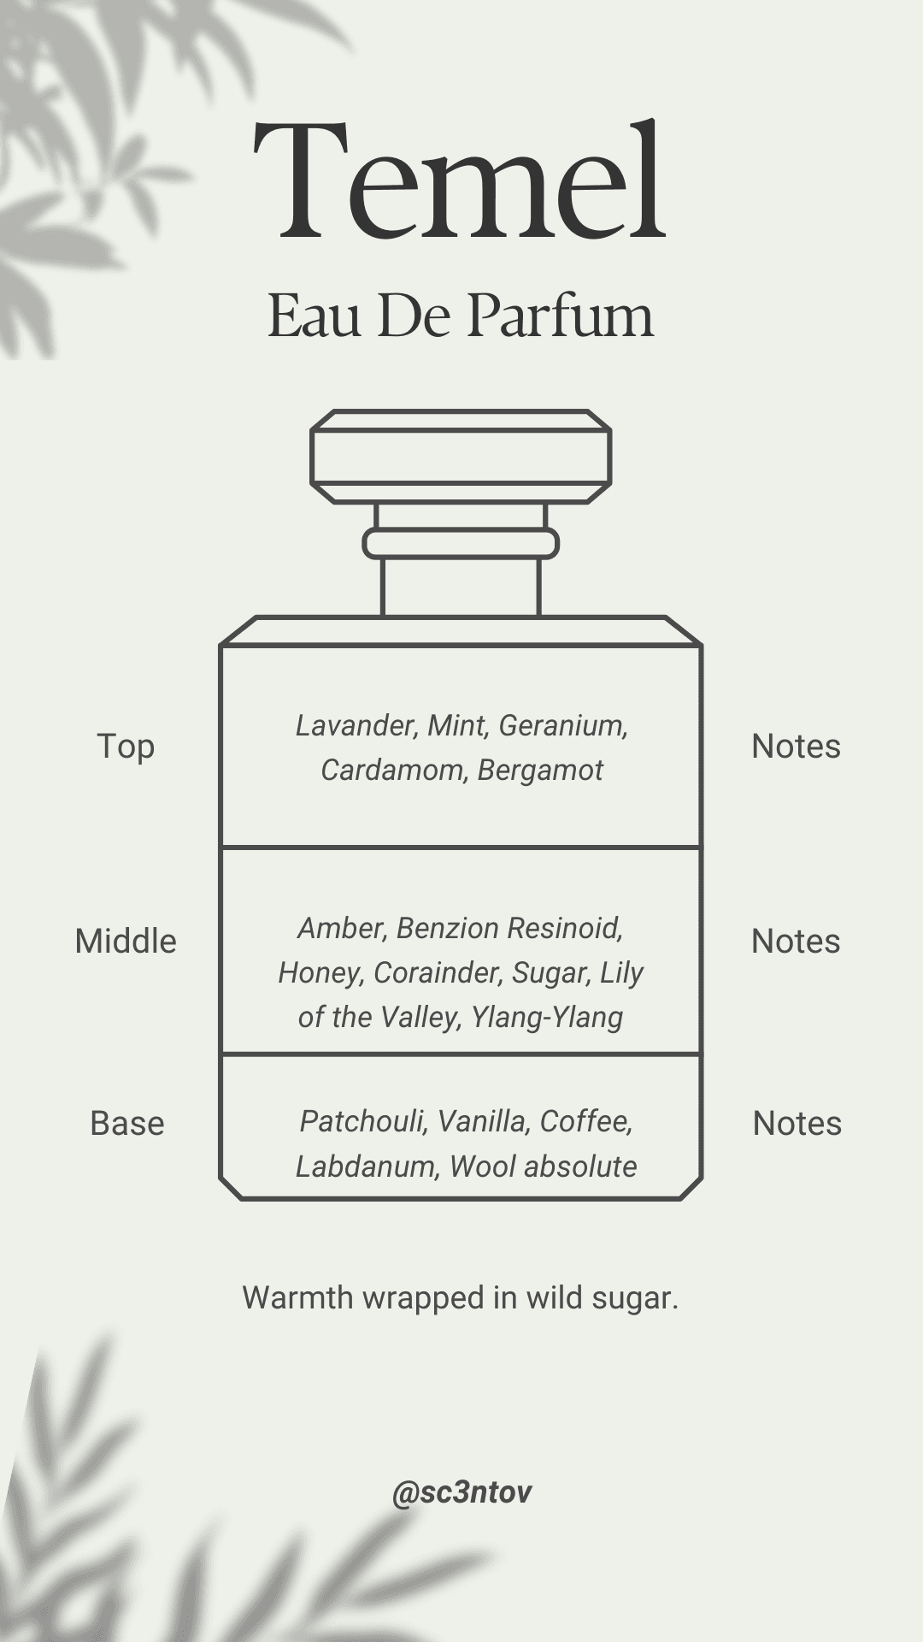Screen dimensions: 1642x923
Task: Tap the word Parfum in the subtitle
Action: tap(561, 316)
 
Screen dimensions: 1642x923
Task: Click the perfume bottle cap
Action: tap(461, 456)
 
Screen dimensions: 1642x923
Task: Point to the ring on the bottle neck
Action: tap(461, 544)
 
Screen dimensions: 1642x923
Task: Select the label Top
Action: tap(126, 747)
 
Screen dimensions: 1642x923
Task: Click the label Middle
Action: tap(126, 942)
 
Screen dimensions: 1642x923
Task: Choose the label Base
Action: tap(126, 1124)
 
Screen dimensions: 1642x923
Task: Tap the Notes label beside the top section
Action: tap(796, 747)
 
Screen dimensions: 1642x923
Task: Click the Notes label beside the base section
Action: tap(797, 1124)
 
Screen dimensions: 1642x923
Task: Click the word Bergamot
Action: tap(540, 770)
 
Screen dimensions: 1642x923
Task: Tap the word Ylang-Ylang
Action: tap(547, 1017)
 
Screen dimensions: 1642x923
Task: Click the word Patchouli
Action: tap(362, 1121)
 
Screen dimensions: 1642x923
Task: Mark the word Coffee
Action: tap(585, 1121)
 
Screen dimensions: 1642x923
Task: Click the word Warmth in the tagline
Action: tap(297, 1297)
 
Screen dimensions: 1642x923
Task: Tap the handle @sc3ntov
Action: tap(461, 1491)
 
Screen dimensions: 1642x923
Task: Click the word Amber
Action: tap(342, 928)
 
